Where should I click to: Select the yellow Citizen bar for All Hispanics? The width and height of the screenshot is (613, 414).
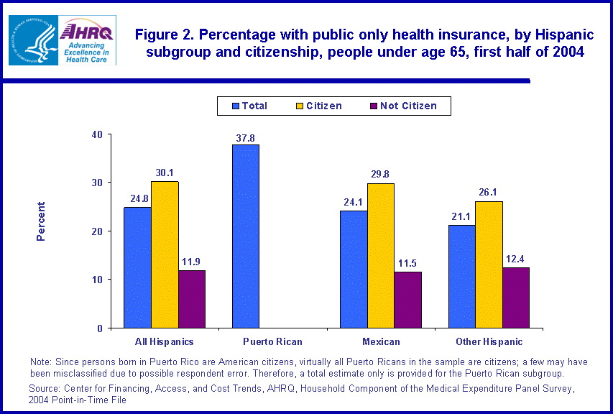coord(165,254)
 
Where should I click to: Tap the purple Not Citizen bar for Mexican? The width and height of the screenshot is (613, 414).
coord(407,300)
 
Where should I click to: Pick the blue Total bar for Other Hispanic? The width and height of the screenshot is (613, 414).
coord(461,276)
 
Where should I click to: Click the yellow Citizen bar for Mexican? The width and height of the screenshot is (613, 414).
coord(380,255)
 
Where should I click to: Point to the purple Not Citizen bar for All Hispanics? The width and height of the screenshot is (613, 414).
coord(192,299)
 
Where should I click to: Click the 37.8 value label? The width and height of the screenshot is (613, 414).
coord(245,138)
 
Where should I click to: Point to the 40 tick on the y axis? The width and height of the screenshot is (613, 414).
coord(97,134)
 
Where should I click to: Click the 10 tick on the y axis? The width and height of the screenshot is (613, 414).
coord(97,280)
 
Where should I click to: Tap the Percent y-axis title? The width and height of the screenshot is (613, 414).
coord(41,221)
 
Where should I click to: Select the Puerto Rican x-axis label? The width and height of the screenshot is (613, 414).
coord(272,341)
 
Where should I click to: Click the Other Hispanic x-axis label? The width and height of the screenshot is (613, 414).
coord(489,341)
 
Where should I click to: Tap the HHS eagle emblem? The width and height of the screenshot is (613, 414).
coord(32,41)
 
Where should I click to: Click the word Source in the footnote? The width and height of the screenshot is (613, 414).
coord(45,387)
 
